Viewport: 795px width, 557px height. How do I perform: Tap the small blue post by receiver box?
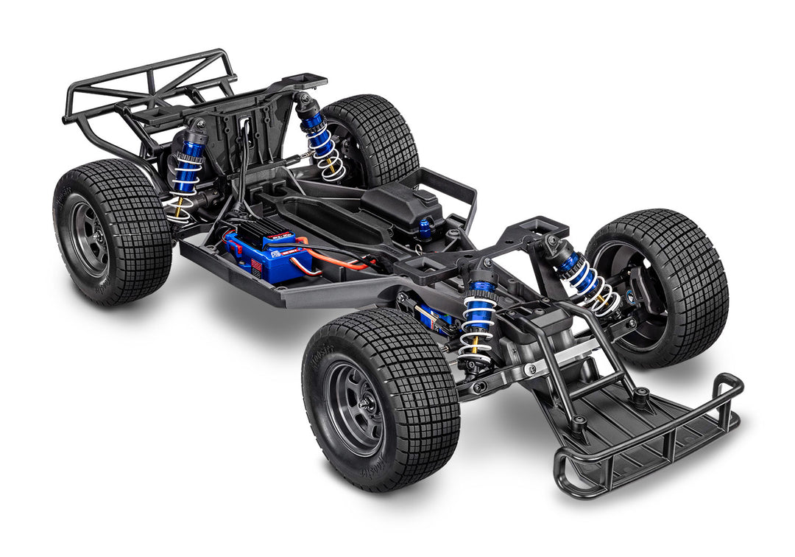click(x=425, y=230)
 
